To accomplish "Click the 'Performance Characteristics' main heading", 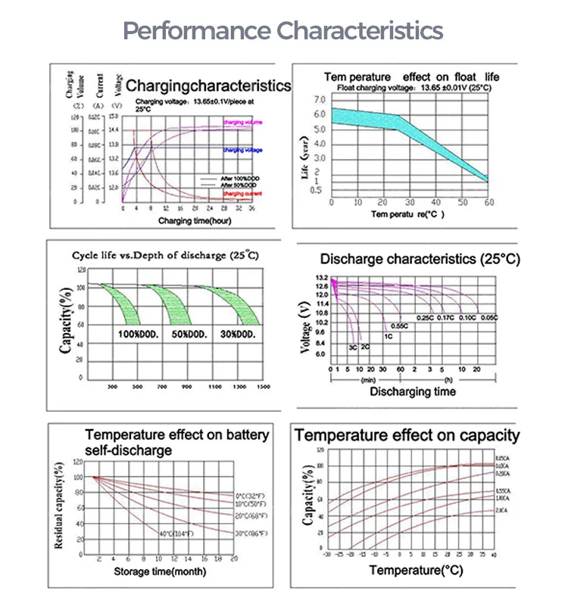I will [x=283, y=31].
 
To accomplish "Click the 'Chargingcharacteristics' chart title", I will [x=208, y=86].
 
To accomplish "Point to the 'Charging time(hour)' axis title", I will [x=195, y=220].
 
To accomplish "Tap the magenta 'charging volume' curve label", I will [x=242, y=122].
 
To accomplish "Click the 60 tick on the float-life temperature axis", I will [x=488, y=203].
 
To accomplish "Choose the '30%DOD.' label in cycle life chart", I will [x=240, y=334].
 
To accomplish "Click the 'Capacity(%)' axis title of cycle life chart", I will [x=67, y=326].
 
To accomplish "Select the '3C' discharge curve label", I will [x=353, y=346].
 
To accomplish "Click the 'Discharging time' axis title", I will [x=413, y=392].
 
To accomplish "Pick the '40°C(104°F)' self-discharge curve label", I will [x=176, y=535].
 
